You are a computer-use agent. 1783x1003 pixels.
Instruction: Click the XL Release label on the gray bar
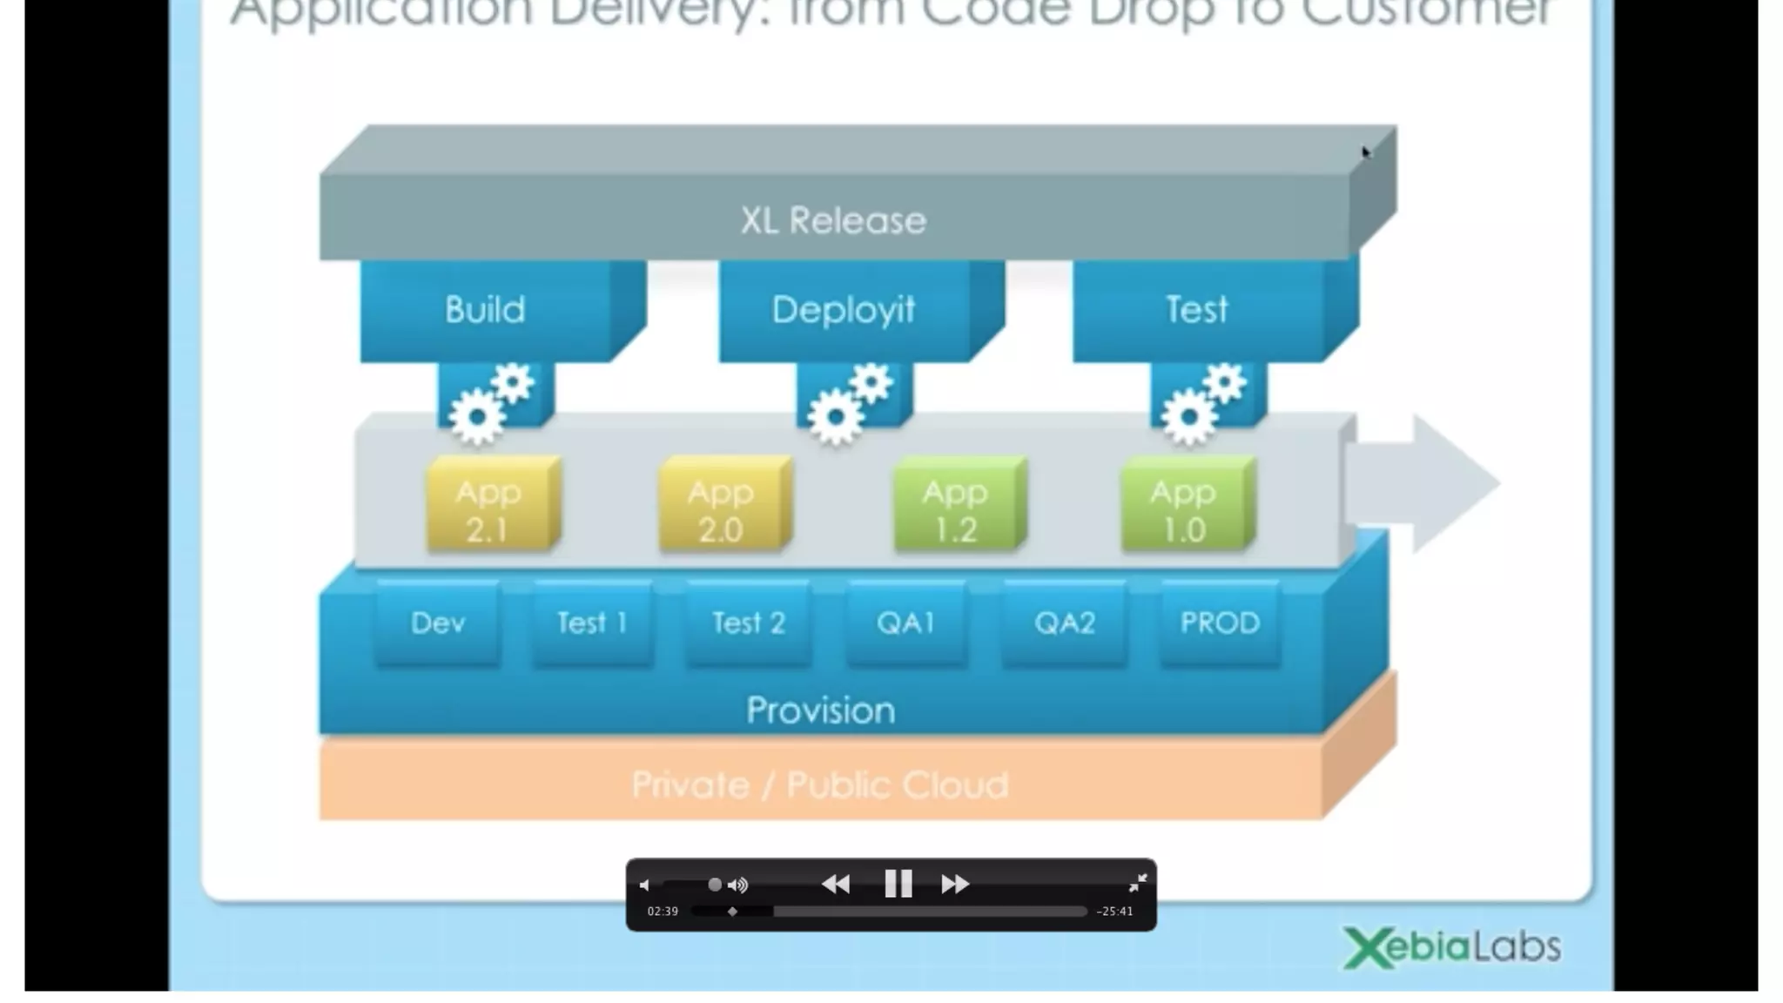(833, 220)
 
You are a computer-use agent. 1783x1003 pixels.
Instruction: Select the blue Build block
(486, 310)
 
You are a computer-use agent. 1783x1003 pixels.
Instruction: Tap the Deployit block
(843, 310)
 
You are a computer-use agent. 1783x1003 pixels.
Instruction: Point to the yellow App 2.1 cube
(489, 508)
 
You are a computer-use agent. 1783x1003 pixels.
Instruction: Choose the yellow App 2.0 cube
(721, 508)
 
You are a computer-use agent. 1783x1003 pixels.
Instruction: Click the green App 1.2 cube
(956, 508)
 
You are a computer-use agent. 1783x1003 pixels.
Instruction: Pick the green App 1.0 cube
(1184, 508)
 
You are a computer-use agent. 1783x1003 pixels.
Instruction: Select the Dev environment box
(437, 623)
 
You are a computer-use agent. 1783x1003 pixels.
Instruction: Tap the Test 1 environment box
(592, 623)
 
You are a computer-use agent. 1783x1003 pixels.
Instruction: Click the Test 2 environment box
(749, 623)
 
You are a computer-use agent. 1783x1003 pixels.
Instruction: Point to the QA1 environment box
(905, 623)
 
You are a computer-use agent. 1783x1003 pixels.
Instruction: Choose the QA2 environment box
(1064, 623)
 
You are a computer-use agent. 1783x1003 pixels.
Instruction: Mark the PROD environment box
(1220, 623)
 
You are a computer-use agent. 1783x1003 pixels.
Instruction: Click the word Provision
(820, 710)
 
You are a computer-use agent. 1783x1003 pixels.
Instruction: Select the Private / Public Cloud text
(820, 785)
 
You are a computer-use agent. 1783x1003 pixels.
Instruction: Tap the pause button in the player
(898, 884)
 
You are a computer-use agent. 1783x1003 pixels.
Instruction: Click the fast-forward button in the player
(955, 884)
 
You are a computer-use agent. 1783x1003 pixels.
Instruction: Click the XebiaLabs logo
(1451, 947)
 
